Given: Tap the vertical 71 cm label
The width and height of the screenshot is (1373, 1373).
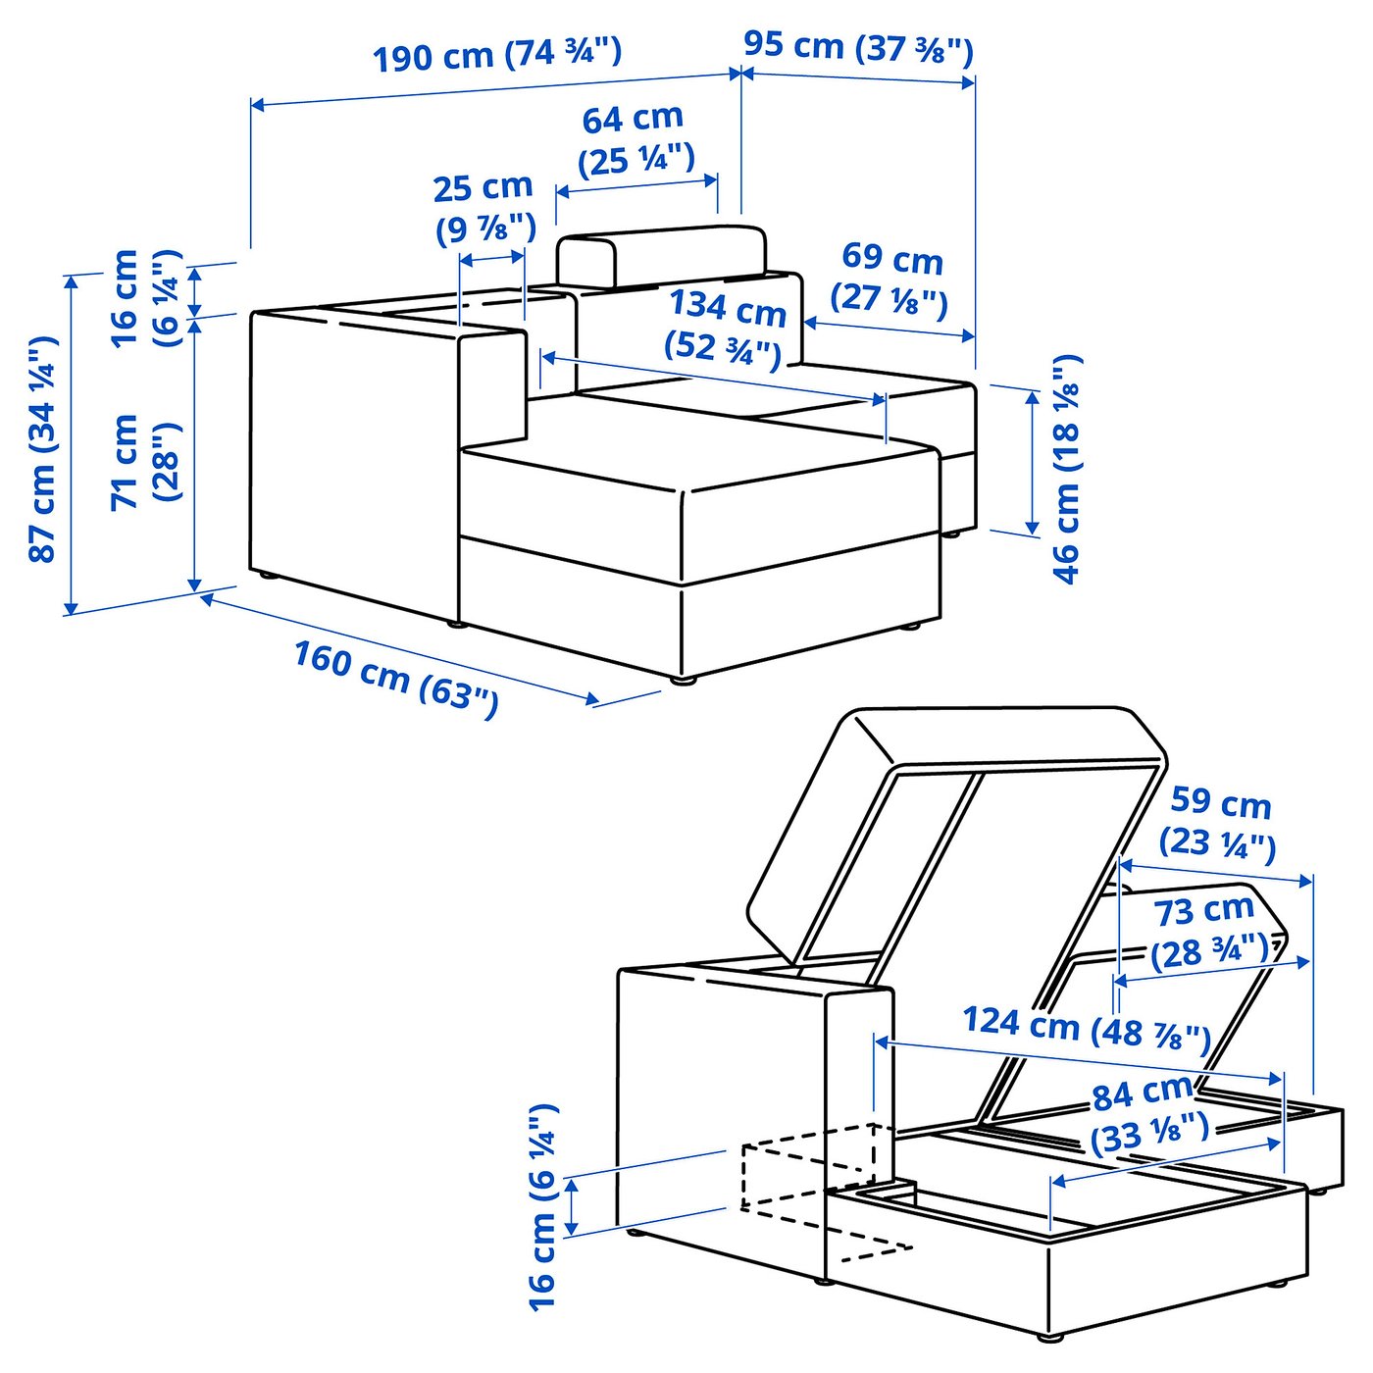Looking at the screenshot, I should pyautogui.click(x=125, y=461).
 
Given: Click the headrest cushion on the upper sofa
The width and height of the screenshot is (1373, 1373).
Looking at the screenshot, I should pyautogui.click(x=662, y=257).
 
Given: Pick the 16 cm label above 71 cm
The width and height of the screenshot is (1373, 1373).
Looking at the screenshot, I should pyautogui.click(x=125, y=298).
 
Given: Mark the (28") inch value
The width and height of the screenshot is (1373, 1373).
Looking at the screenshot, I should pyautogui.click(x=168, y=461).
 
